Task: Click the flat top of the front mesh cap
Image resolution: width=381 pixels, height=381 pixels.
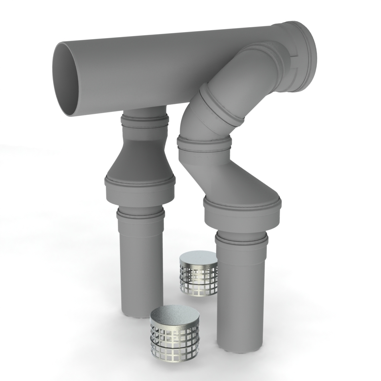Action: (x=172, y=315)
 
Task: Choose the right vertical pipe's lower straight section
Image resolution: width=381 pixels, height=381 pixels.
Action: (x=241, y=297)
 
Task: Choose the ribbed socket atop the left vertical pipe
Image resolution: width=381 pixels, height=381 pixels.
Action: (x=140, y=215)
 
